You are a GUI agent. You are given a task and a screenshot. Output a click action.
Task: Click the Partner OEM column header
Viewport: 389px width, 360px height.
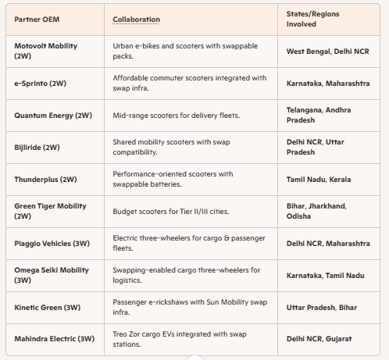tap(37, 20)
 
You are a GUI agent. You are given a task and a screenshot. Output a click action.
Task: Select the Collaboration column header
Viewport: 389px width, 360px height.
tap(136, 20)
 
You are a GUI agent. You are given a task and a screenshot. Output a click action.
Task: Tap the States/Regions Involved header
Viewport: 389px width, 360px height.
tap(312, 19)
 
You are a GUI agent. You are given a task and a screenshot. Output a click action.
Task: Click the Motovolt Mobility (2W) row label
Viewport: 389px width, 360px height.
tap(46, 51)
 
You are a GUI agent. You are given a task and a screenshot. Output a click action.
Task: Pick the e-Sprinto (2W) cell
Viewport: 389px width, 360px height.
tap(41, 84)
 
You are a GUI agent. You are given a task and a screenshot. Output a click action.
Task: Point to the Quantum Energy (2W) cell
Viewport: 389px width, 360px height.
tap(53, 116)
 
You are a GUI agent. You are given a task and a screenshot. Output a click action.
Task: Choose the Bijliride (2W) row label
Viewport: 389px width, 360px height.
tap(37, 148)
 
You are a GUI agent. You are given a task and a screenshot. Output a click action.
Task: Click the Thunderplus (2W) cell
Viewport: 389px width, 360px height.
tap(45, 180)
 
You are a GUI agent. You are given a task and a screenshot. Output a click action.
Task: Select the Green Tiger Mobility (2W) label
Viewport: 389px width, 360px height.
tap(50, 211)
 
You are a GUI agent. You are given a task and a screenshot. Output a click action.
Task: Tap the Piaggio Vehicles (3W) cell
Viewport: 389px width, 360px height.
tap(52, 244)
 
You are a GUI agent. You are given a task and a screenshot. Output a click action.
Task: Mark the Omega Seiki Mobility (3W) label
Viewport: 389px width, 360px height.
tap(52, 275)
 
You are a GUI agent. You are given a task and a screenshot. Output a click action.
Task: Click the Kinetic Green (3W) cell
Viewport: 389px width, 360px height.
tap(48, 308)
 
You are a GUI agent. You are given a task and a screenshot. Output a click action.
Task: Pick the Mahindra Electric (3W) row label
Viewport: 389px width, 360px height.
tap(55, 339)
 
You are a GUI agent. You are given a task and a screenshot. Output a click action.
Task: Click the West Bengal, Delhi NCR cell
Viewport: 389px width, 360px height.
tap(328, 52)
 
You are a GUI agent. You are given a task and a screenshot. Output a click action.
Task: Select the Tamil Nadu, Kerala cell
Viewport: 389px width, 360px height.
tap(319, 180)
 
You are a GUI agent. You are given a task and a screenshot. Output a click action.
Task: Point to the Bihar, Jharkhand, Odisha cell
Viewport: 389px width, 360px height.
tap(316, 211)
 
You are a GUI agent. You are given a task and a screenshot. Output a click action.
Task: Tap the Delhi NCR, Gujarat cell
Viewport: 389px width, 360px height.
tap(319, 339)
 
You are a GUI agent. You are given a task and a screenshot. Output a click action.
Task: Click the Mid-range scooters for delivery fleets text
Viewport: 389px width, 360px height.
tap(177, 116)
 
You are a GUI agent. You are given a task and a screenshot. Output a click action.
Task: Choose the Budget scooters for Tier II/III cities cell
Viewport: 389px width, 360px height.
tap(171, 212)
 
